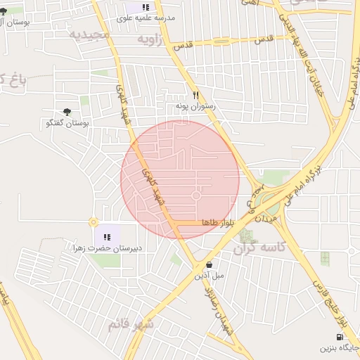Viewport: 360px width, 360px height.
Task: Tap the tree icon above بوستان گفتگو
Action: (67, 111)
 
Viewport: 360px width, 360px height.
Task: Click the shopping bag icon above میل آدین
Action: (209, 264)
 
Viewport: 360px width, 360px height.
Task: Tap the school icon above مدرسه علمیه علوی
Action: (146, 6)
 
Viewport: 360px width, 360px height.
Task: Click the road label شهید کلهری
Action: (153, 186)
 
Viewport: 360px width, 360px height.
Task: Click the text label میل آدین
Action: (210, 276)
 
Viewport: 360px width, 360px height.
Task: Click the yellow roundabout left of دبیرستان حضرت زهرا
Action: (94, 222)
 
